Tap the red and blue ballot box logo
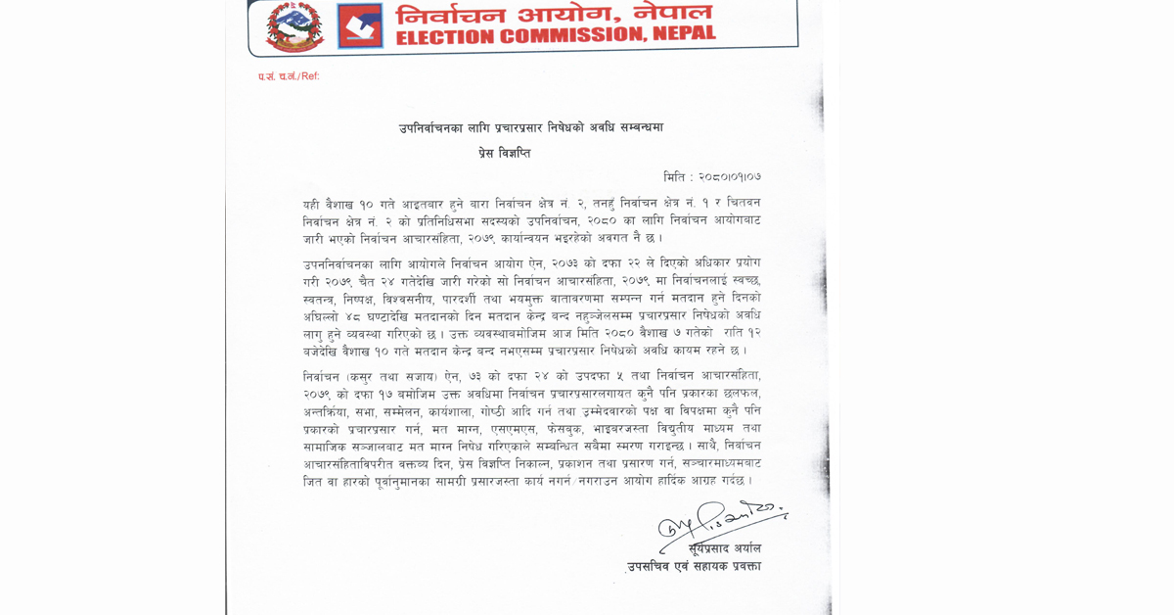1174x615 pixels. (x=360, y=25)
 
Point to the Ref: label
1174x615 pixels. (x=309, y=76)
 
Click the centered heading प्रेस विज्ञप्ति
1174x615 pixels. (x=504, y=154)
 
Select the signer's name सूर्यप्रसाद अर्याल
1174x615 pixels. (x=724, y=548)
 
